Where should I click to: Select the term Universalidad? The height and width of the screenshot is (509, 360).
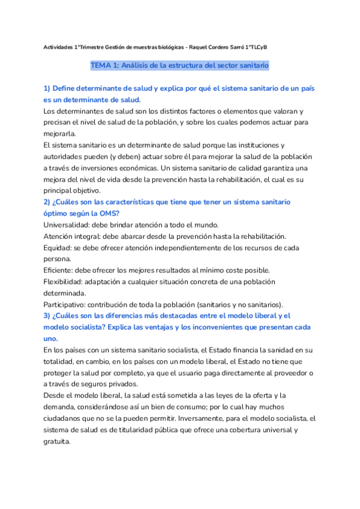67,224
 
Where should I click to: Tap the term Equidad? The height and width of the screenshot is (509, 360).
59,247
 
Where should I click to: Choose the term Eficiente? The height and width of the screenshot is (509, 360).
60,270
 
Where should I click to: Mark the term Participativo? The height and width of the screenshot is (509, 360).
67,304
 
